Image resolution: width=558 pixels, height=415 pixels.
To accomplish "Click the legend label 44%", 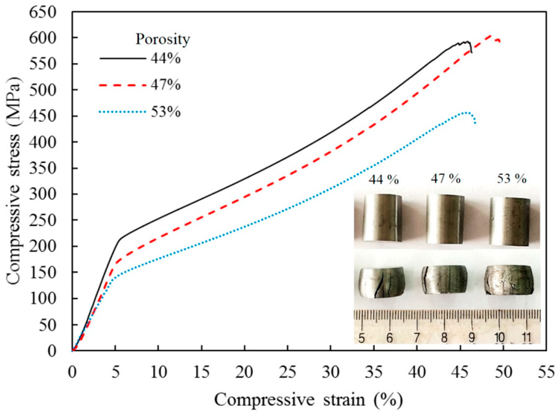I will [166, 59].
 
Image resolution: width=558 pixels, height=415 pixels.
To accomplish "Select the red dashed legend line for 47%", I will [123, 85].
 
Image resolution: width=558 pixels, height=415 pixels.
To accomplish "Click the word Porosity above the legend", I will [163, 40].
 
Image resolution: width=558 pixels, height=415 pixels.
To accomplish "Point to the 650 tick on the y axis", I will [42, 12].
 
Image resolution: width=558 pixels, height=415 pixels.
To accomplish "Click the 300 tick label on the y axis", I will [42, 194].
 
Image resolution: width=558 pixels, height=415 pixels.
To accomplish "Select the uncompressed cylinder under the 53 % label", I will [510, 221].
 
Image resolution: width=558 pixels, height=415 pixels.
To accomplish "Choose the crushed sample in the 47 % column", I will [445, 280].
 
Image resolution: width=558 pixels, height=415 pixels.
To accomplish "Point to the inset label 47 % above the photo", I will [446, 179].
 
